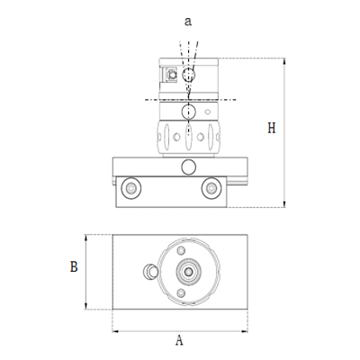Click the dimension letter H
coord(271,129)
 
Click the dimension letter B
coord(75,266)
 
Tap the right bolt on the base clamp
coord(212,188)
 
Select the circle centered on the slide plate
coord(187,166)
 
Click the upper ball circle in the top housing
coord(187,73)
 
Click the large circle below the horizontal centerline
coord(187,112)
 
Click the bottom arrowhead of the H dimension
coord(284,205)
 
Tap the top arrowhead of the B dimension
coord(87,236)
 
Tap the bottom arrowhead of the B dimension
coord(87,305)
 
